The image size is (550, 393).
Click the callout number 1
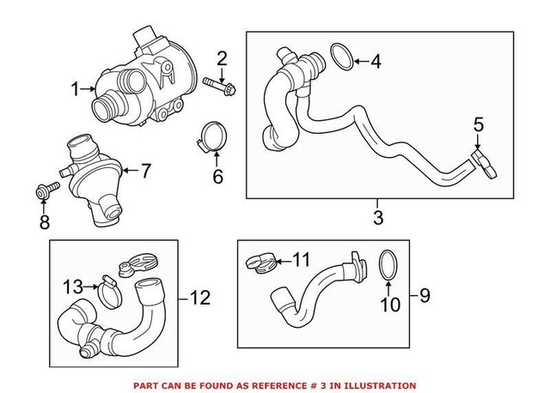click(x=75, y=88)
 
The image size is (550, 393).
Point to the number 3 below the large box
click(x=377, y=217)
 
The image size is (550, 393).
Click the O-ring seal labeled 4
click(x=340, y=60)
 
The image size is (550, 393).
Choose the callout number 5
click(x=479, y=126)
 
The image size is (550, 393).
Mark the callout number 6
click(x=217, y=178)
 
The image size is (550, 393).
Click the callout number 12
click(x=199, y=298)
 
